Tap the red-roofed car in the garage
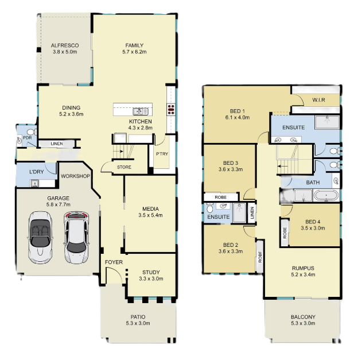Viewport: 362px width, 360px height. tap(76, 238)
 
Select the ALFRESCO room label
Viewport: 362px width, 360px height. tap(65, 45)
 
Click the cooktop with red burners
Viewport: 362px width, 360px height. tap(171, 110)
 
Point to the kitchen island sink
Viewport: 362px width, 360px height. tap(140, 111)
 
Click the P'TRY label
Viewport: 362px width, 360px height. tap(162, 154)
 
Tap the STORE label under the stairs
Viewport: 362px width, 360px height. tap(124, 167)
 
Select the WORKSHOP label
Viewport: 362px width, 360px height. tap(76, 176)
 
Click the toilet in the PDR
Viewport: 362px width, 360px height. tap(32, 132)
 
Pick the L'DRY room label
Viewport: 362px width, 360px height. tap(37, 172)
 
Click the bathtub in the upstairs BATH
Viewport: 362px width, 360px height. tap(326, 195)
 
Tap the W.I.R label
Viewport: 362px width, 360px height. tap(318, 100)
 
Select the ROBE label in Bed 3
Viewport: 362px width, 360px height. tap(220, 198)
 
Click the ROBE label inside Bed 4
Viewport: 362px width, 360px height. tap(285, 233)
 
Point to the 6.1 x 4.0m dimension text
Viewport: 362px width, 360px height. tap(238, 117)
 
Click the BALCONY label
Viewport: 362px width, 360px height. tap(303, 317)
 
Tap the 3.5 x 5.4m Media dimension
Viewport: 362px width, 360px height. tap(150, 215)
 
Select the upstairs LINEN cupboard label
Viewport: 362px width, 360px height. tap(252, 213)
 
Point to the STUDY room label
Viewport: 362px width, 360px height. tap(151, 272)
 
